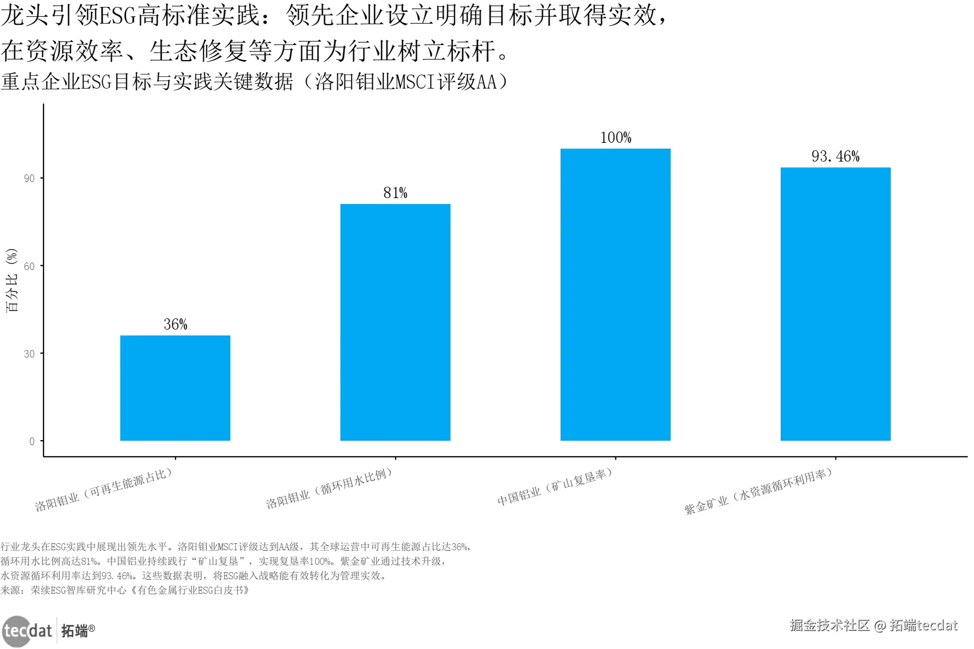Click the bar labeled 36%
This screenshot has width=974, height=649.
[175, 388]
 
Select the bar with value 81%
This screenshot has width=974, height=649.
[395, 322]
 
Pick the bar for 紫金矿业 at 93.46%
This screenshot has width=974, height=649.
[835, 304]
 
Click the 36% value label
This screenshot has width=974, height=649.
[176, 324]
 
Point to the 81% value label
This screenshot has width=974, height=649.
[395, 193]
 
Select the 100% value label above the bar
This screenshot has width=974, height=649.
[615, 137]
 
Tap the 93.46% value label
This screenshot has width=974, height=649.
[835, 156]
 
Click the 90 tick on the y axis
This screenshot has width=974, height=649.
[30, 178]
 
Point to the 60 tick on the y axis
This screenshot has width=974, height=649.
[30, 266]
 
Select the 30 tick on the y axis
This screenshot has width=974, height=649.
[30, 354]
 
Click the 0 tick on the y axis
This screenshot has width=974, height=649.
[32, 441]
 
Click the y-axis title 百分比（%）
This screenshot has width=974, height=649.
[12, 280]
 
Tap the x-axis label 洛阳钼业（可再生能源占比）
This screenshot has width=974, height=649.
[104, 489]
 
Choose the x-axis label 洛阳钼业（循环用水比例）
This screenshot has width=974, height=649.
[329, 488]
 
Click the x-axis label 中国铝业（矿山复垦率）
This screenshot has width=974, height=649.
[555, 487]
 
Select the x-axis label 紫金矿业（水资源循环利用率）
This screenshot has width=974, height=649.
[758, 491]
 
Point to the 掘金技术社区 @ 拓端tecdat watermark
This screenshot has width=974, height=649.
[874, 625]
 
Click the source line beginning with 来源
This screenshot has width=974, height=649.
[125, 590]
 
